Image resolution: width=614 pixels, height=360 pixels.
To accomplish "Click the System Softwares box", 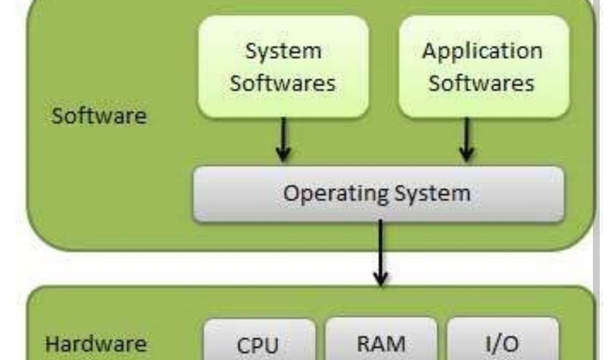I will click(283, 66).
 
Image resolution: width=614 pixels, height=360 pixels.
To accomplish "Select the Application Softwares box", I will click(483, 66).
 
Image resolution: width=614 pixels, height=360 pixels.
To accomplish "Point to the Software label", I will click(99, 116).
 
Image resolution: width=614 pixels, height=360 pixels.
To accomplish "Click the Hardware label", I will click(96, 345).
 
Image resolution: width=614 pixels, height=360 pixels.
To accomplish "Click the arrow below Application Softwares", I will click(467, 140).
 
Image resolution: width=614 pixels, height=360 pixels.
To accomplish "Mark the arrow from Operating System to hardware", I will click(380, 251).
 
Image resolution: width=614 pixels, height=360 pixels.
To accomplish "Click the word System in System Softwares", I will click(283, 51).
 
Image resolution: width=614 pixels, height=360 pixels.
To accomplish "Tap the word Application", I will click(482, 51).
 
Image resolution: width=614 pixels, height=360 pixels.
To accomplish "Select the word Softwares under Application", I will click(481, 83).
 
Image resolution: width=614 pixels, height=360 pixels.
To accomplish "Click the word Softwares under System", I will click(283, 83).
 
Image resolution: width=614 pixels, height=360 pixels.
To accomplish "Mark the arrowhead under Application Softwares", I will click(467, 153).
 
